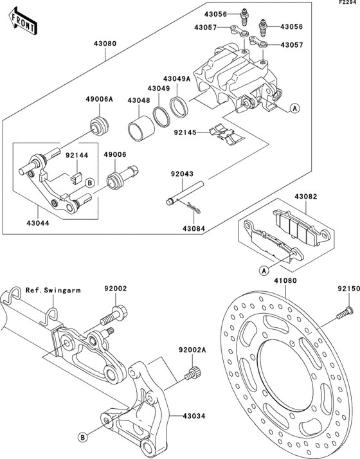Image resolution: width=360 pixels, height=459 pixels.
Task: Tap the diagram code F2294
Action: pos(348,3)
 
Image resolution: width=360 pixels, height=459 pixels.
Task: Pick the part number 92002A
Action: pos(192,350)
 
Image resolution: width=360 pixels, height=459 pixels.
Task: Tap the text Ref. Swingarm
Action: pos(53,290)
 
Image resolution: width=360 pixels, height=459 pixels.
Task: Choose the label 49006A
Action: pos(99,99)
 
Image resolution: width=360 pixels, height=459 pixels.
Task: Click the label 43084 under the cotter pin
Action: pos(194,228)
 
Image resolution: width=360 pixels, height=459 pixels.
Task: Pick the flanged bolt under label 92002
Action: pos(113,317)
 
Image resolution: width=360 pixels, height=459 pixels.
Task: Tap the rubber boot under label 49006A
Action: pos(99,123)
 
